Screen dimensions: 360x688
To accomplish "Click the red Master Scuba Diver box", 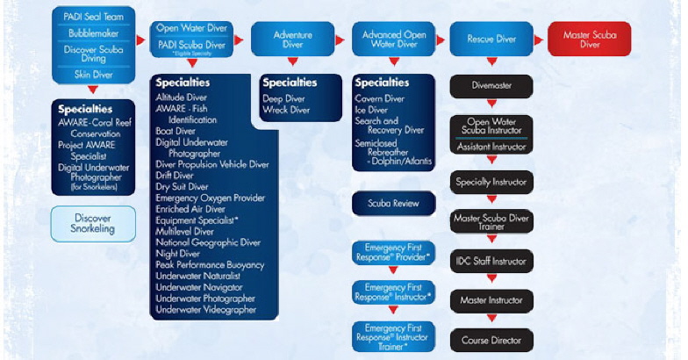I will (x=589, y=39).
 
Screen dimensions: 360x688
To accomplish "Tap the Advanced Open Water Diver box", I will (x=394, y=39).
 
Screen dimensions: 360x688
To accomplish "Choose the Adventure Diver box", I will (x=293, y=39).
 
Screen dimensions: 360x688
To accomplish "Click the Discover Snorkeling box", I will (x=92, y=223).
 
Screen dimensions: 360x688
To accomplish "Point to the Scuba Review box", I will (x=393, y=204).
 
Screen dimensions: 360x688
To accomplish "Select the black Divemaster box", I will (x=491, y=86).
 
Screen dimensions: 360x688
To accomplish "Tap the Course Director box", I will (x=491, y=339).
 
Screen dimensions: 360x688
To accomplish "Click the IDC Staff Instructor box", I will (x=491, y=261).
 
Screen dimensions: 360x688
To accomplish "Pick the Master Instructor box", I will (x=491, y=300).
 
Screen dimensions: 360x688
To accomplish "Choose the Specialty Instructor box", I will (x=491, y=183).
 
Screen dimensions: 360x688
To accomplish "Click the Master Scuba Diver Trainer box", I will (x=491, y=221).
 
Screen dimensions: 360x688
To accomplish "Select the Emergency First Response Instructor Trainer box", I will (x=393, y=336).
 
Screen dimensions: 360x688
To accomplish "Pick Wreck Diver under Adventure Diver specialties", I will (x=286, y=110).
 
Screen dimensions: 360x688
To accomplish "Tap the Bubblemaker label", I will (x=92, y=32).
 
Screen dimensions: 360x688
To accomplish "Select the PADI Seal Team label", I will (x=92, y=15).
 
